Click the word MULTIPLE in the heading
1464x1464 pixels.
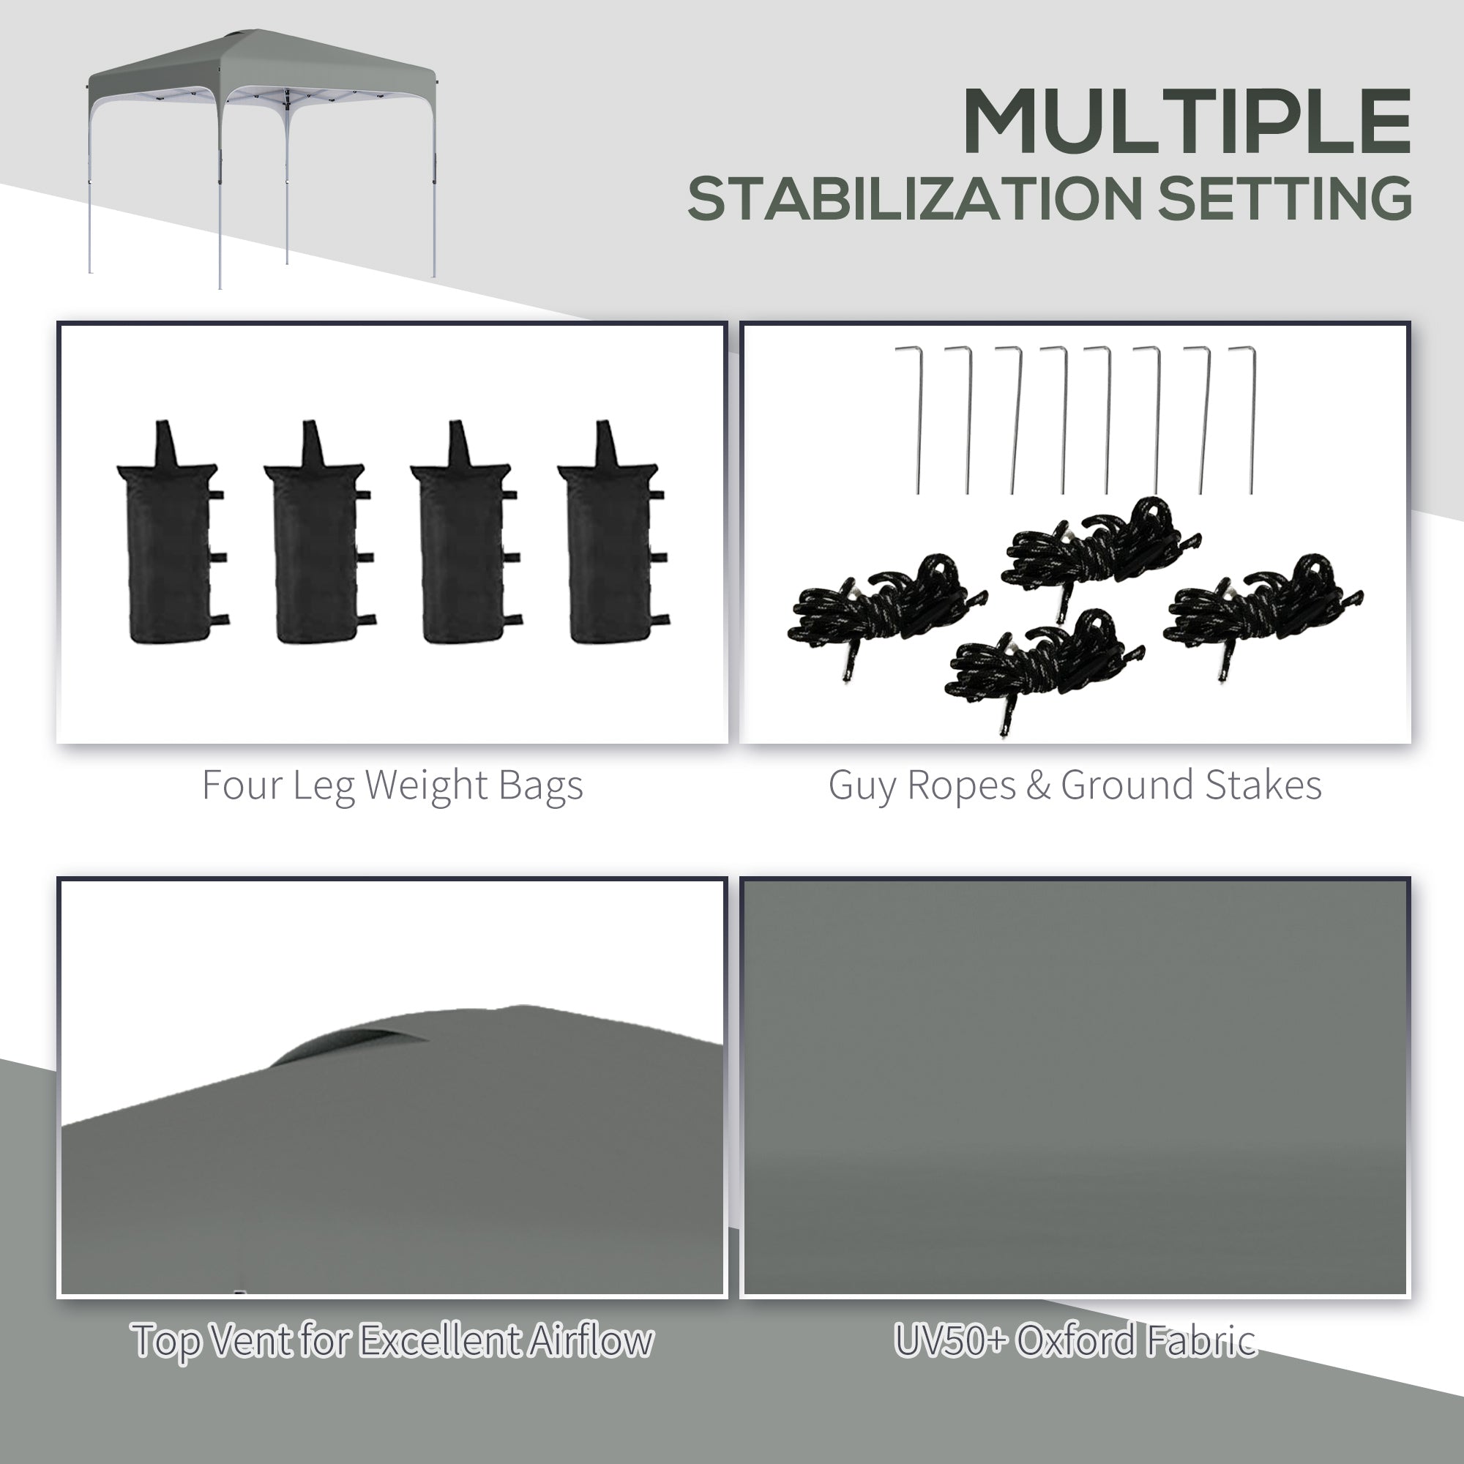(1186, 122)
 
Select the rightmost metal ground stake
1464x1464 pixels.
(1247, 421)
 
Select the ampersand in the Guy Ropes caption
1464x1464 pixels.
(1038, 785)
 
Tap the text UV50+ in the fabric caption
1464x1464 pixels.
(951, 1340)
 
